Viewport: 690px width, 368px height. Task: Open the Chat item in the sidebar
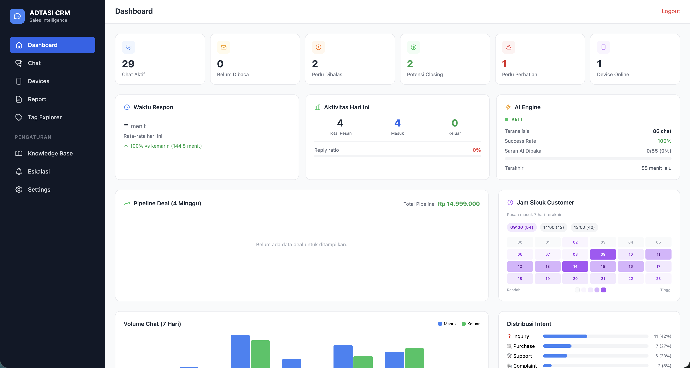34,63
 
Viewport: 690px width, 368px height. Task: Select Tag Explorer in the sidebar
45,117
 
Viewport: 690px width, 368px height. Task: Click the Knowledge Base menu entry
50,153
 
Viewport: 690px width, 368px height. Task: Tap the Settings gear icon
19,190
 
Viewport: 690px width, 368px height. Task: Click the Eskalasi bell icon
19,171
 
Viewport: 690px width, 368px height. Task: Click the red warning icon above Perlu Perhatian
508,47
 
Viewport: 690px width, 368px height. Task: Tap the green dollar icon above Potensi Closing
413,47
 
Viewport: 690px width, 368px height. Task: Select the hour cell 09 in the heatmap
603,254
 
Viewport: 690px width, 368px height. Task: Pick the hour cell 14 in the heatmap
575,266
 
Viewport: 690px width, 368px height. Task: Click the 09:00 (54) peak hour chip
522,227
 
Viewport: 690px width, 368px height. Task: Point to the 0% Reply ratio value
476,150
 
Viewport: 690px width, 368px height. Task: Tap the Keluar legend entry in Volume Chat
471,324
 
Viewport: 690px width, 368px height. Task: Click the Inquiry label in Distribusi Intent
521,336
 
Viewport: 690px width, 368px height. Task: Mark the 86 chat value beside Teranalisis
662,131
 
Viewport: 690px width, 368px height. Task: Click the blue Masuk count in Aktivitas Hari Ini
397,123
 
